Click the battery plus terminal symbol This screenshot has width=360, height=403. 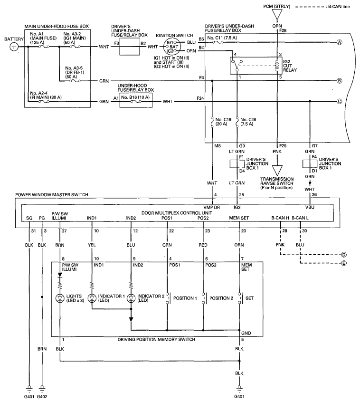pyautogui.click(x=14, y=47)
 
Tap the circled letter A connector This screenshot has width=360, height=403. pyautogui.click(x=340, y=42)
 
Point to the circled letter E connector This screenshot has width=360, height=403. pyautogui.click(x=343, y=262)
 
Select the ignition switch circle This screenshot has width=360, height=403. pyautogui.click(x=169, y=47)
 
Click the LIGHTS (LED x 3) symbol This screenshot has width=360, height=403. pyautogui.click(x=60, y=299)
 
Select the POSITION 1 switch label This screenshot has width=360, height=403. pyautogui.click(x=185, y=298)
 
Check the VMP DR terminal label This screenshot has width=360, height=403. pyautogui.click(x=211, y=207)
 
